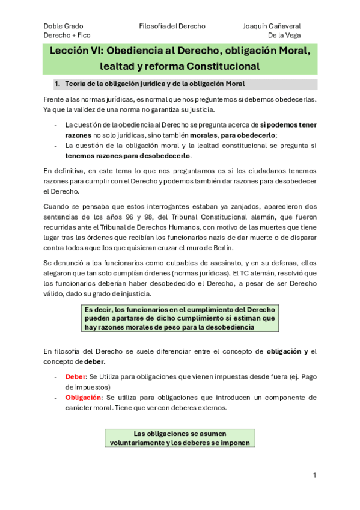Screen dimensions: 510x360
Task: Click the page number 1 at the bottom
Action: coord(314,475)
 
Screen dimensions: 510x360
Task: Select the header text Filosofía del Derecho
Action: coord(172,26)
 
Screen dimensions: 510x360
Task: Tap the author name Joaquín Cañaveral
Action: coord(272,26)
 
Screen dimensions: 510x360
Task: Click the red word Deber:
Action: coord(76,376)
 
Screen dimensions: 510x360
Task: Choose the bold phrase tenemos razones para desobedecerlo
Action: coord(127,156)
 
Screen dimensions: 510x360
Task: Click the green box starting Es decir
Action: coord(179,318)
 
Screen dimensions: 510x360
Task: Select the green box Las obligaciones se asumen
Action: coord(179,438)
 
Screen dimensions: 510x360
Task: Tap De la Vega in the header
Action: coord(284,35)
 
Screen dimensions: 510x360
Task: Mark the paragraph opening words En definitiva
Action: coord(66,171)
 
